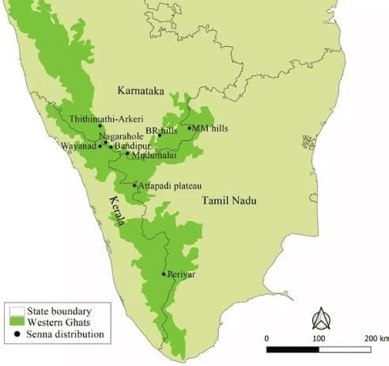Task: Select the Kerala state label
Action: click(117, 211)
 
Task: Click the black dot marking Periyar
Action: click(164, 274)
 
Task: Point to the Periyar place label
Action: click(181, 274)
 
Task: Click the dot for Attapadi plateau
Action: click(134, 185)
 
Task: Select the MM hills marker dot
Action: click(189, 128)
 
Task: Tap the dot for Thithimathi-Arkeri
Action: click(100, 126)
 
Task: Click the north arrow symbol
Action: click(322, 318)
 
